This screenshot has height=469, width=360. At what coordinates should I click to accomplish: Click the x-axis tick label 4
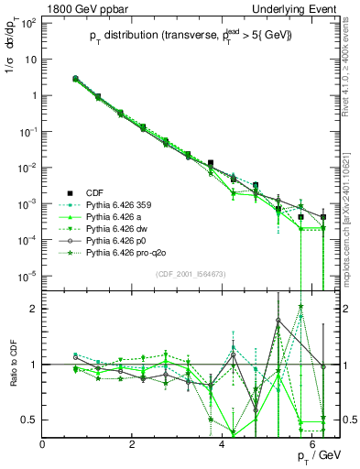[x=224, y=444]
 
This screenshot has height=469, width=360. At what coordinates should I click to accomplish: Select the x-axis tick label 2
[x=134, y=444]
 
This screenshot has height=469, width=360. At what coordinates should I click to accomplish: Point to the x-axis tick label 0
[x=43, y=444]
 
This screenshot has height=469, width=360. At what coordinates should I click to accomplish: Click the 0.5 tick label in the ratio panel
[x=29, y=420]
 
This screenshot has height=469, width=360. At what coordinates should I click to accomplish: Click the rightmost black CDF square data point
[x=322, y=217]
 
